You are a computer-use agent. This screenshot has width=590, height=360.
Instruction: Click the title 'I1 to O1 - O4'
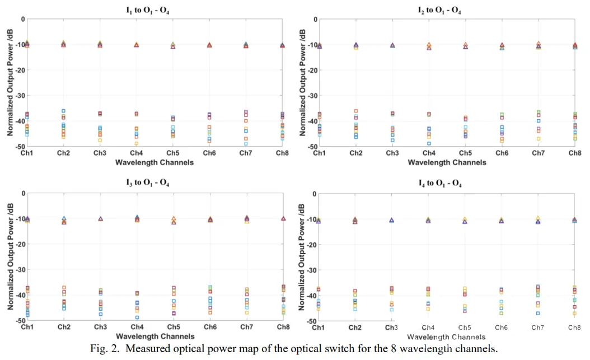tap(148, 10)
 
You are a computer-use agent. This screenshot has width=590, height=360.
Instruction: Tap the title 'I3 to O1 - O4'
tap(148, 183)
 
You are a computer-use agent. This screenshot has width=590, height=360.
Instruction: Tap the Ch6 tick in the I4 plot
tap(501, 328)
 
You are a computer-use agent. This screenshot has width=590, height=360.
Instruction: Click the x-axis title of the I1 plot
tap(154, 162)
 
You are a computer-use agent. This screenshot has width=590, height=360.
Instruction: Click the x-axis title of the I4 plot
tap(446, 337)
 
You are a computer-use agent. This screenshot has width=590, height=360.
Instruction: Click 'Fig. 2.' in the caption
tap(105, 348)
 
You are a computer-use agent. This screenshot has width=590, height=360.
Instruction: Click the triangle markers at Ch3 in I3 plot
tap(100, 218)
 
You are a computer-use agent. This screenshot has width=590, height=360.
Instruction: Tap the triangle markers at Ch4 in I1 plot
tap(137, 44)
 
